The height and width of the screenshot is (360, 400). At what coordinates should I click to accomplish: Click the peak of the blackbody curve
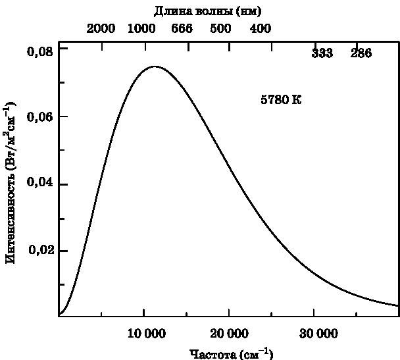click(x=155, y=66)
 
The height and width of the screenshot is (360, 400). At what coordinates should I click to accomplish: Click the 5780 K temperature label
click(x=281, y=100)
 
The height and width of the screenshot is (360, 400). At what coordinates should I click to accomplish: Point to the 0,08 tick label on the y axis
click(x=39, y=50)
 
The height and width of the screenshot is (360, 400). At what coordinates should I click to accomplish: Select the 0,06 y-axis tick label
click(x=39, y=117)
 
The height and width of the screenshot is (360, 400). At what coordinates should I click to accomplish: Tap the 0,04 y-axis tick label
click(x=39, y=184)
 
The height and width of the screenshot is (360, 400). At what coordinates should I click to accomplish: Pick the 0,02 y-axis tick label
click(x=39, y=251)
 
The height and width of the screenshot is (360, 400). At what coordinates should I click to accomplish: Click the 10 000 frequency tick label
click(x=144, y=334)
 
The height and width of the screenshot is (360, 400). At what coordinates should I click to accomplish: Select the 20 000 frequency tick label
click(x=229, y=334)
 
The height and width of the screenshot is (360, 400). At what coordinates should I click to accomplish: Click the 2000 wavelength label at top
click(x=101, y=29)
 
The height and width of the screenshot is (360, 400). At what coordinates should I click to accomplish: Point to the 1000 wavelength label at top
click(x=141, y=29)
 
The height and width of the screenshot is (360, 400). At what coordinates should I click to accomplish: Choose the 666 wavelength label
click(x=182, y=29)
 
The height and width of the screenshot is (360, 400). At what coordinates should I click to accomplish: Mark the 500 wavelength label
click(x=221, y=29)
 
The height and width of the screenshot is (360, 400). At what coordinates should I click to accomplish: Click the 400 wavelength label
click(x=261, y=29)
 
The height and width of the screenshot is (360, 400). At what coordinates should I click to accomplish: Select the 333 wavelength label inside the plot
click(x=322, y=53)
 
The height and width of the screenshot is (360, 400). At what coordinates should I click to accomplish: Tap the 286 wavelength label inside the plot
click(x=361, y=53)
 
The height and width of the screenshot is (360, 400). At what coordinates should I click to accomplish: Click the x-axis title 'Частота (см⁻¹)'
click(x=231, y=353)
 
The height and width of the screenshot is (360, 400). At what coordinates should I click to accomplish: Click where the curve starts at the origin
click(x=59, y=315)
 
